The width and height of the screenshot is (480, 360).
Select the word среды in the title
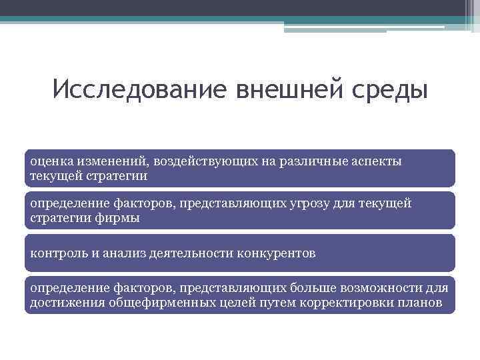pos(386,89)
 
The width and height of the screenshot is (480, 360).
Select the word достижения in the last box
pos(63,303)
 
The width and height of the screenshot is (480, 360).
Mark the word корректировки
pos(345,303)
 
